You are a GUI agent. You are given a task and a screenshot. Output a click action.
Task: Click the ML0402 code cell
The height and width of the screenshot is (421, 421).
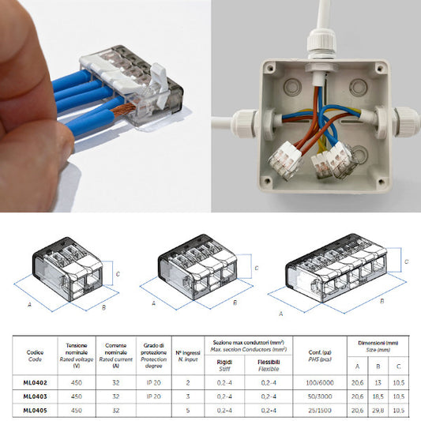click(x=33, y=383)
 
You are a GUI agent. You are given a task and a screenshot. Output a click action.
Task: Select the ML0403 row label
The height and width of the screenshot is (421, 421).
click(x=33, y=397)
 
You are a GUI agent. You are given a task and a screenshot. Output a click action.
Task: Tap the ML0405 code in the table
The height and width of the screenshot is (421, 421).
click(x=33, y=410)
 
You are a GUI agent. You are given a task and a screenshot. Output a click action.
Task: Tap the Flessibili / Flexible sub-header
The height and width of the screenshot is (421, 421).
click(x=268, y=366)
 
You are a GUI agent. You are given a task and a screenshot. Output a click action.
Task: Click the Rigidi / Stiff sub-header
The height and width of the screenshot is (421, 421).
click(x=224, y=366)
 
